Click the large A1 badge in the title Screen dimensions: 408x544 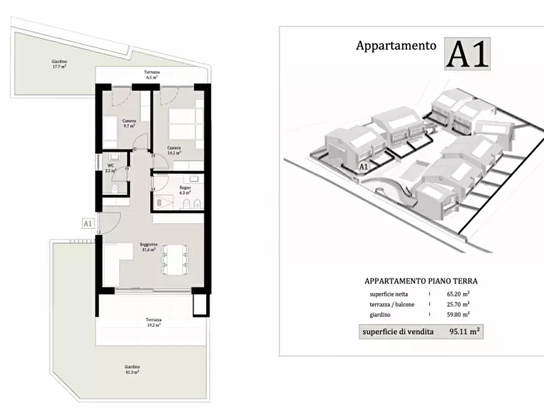[x=467, y=54]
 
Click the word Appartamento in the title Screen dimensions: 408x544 [x=396, y=45]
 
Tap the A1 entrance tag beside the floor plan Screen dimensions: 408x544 [x=87, y=223]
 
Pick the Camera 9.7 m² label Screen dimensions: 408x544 [x=129, y=123]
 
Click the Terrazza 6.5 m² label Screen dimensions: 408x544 [x=152, y=75]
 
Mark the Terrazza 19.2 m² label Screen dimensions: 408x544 [x=153, y=322]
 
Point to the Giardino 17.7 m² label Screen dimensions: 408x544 [x=59, y=64]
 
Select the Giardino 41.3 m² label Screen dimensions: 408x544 [x=132, y=369]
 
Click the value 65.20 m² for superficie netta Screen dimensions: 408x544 [x=457, y=294]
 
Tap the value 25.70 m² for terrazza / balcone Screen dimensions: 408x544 [x=457, y=304]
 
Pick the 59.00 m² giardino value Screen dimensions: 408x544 [x=457, y=315]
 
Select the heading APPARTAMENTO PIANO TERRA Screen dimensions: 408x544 [x=421, y=281]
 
